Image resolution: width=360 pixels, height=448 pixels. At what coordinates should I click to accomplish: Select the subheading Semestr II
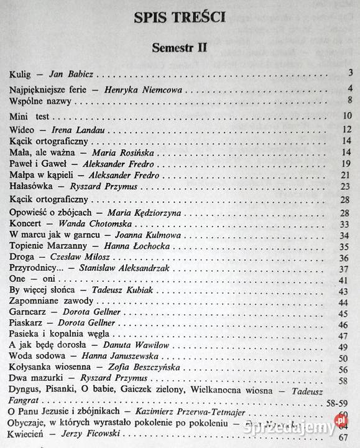tap(179, 47)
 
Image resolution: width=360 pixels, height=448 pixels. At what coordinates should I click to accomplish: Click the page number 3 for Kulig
tap(351, 74)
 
